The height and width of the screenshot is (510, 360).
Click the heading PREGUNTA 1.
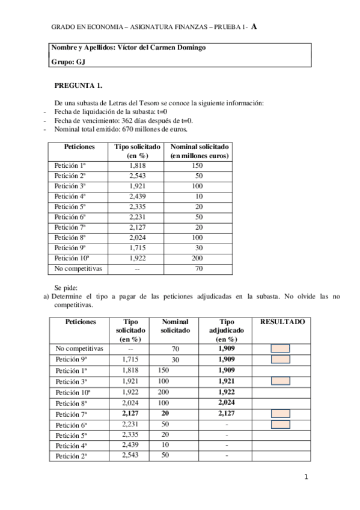pyautogui.click(x=78, y=85)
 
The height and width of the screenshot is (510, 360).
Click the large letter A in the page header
pyautogui.click(x=255, y=26)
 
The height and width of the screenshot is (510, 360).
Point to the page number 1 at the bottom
pyautogui.click(x=306, y=478)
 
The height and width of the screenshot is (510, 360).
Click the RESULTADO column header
pyautogui.click(x=282, y=322)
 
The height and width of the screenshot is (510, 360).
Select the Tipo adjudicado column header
pyautogui.click(x=226, y=331)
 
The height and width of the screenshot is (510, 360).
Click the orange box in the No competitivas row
pyautogui.click(x=281, y=348)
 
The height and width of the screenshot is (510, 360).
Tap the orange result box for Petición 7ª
pyautogui.click(x=281, y=413)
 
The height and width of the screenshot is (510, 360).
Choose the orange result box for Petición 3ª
pyautogui.click(x=281, y=381)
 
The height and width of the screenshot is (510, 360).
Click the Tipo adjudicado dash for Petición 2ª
pyautogui.click(x=226, y=456)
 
